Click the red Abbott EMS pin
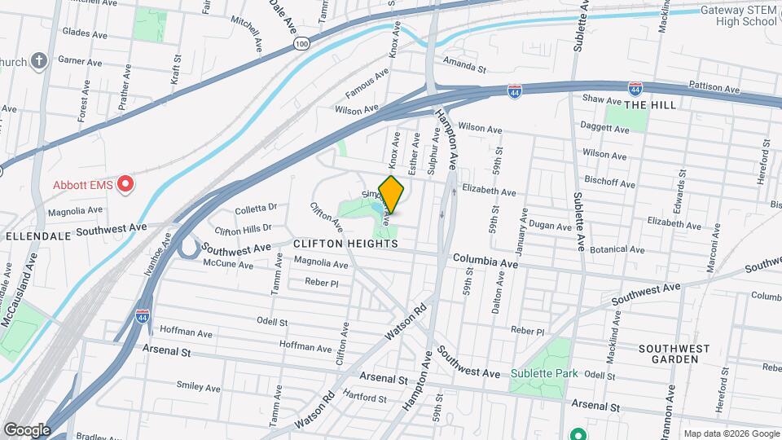[125, 185]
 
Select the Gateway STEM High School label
[739, 16]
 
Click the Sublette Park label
[544, 374]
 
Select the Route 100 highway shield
[302, 43]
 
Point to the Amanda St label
[464, 64]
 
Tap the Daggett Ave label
[604, 128]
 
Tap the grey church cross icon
[38, 61]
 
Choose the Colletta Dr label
[256, 209]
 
